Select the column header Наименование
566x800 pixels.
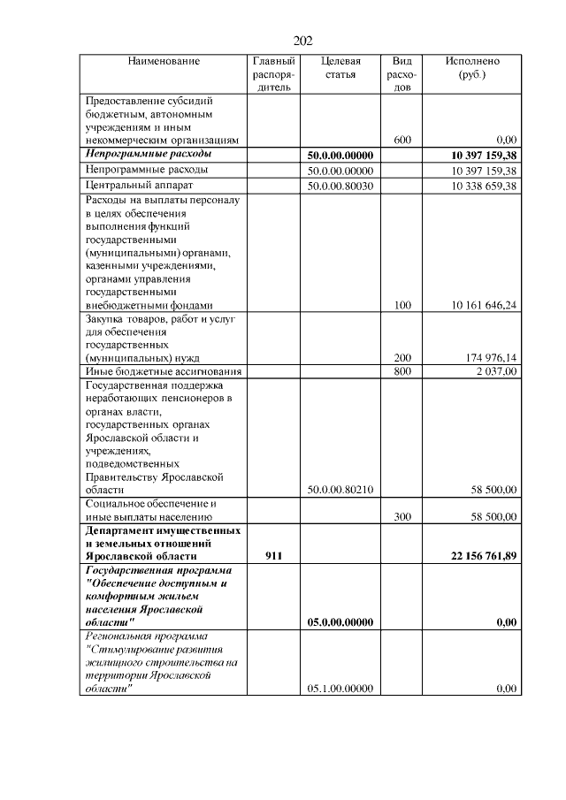pyautogui.click(x=164, y=61)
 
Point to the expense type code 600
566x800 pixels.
pyautogui.click(x=402, y=140)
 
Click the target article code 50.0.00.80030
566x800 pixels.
pyautogui.click(x=340, y=187)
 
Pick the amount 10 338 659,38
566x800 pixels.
pyautogui.click(x=483, y=187)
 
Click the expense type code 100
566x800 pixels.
pyautogui.click(x=402, y=305)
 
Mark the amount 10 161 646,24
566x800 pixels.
pyautogui.click(x=483, y=305)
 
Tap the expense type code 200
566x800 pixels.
pyautogui.click(x=402, y=358)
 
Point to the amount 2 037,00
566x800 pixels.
pyautogui.click(x=497, y=372)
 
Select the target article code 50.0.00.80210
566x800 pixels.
pyautogui.click(x=340, y=489)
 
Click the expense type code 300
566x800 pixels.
pyautogui.click(x=402, y=516)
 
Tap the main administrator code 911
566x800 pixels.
pyautogui.click(x=273, y=557)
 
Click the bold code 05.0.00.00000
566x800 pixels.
pyautogui.click(x=340, y=622)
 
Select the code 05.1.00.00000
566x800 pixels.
pyautogui.click(x=340, y=688)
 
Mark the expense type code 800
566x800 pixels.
pyautogui.click(x=402, y=372)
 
